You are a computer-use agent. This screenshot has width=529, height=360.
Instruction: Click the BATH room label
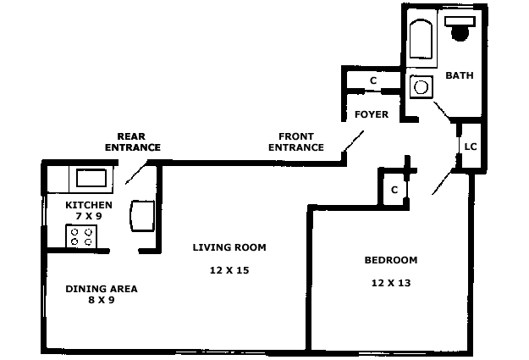point(459,75)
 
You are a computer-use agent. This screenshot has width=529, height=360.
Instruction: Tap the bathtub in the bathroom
point(421,39)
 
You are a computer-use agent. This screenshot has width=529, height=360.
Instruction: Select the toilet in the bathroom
point(460,28)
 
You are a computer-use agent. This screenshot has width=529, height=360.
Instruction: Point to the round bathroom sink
point(421,87)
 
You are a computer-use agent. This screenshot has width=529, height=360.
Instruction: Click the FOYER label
point(372,114)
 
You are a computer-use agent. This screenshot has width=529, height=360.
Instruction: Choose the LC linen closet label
point(471,147)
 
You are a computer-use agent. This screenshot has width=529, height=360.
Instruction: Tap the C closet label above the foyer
point(373,80)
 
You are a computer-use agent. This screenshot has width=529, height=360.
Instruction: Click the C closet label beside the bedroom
point(394,190)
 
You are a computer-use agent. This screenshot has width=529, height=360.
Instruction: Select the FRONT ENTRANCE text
point(296,141)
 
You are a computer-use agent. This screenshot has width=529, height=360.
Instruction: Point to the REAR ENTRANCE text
point(133,141)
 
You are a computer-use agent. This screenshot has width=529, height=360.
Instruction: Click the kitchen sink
point(91,178)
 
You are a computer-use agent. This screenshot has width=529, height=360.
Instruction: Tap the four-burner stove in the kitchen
point(81,236)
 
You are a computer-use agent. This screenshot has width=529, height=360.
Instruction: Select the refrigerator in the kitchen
point(142,216)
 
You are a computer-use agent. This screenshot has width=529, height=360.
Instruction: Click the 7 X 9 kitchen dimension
point(89,216)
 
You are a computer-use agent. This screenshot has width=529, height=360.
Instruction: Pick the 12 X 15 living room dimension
point(229,270)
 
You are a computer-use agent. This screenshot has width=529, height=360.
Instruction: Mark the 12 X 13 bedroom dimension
point(391,283)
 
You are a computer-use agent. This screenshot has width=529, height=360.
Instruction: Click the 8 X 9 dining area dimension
point(102,300)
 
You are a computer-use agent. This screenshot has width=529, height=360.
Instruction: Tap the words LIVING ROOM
point(229,247)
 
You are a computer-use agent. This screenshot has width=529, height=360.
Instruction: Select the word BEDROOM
point(391,260)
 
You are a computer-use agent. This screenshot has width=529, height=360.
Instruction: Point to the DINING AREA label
point(102,289)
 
